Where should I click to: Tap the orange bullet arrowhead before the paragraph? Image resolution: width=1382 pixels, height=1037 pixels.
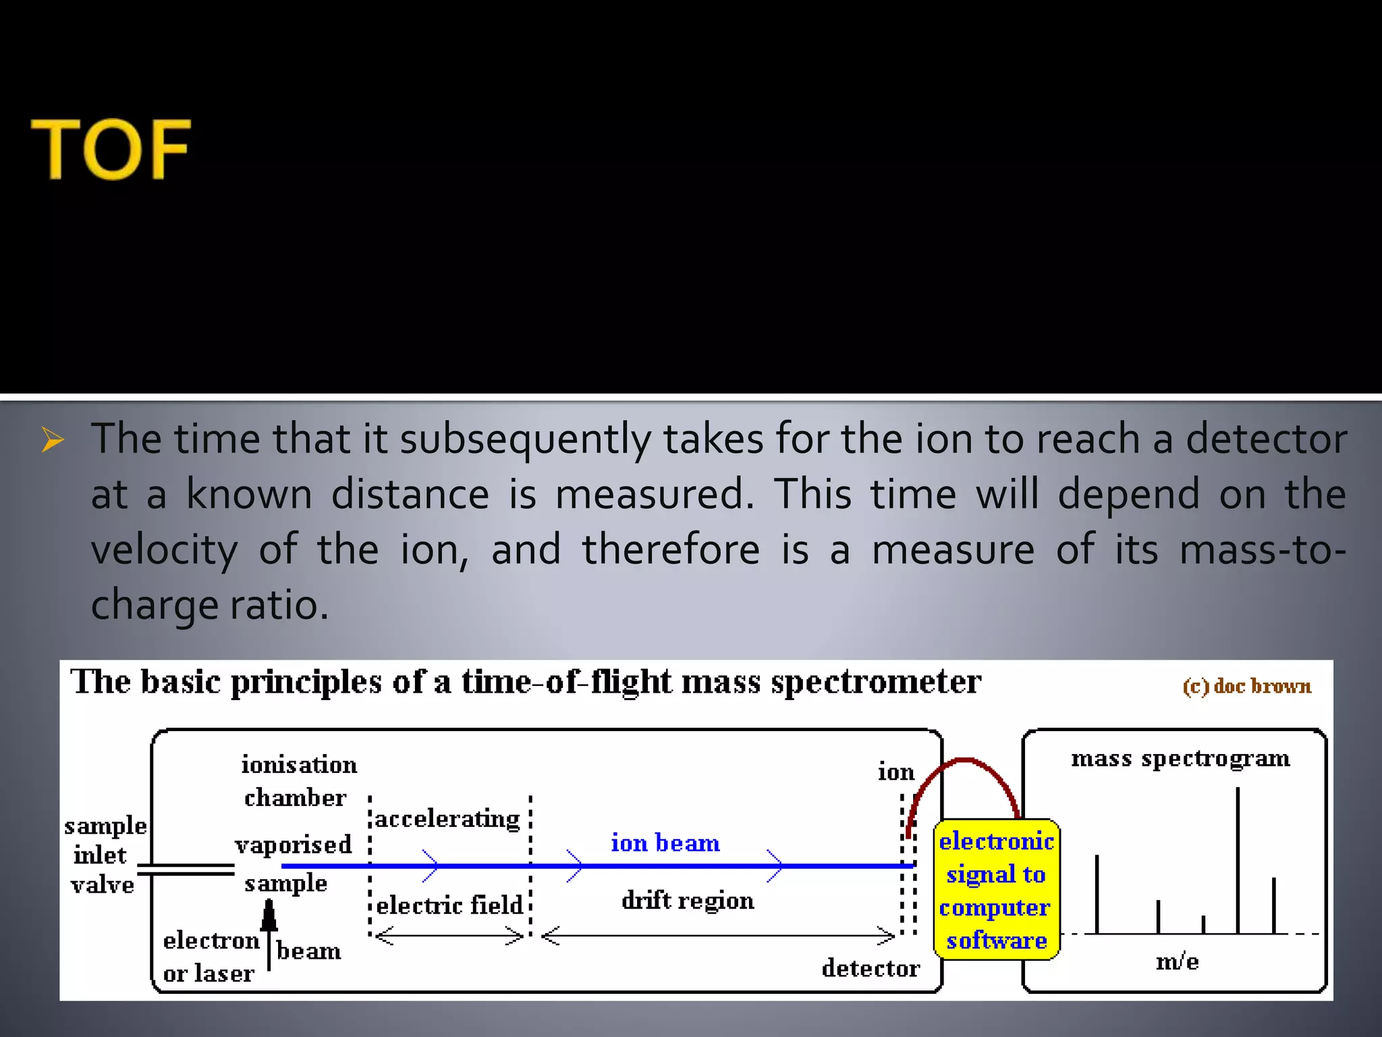point(53,440)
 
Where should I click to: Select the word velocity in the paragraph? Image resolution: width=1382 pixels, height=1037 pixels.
point(164,550)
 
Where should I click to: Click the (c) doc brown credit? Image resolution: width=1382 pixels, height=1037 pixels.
point(1247,686)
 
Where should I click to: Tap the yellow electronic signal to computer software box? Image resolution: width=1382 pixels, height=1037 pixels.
point(996,890)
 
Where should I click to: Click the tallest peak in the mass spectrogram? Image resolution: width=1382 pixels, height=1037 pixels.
point(1238,857)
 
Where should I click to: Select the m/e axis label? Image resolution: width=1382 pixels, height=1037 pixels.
point(1177,961)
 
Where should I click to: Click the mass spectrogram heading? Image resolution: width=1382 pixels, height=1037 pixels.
point(1180,759)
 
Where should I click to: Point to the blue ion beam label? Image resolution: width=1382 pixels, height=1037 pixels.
point(665,843)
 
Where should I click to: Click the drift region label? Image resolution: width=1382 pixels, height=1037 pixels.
point(688,901)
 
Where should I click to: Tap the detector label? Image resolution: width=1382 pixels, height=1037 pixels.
point(870,968)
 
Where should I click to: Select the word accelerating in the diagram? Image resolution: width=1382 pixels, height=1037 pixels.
point(447,819)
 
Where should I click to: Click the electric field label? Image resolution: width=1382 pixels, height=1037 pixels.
point(449,905)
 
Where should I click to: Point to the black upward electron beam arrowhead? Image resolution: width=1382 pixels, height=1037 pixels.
point(269,915)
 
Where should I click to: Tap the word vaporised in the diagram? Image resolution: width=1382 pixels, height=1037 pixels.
point(294,845)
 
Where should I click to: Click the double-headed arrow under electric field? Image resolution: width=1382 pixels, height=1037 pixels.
point(449,936)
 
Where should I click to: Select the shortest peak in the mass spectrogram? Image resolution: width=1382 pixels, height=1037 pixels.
point(1203,924)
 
